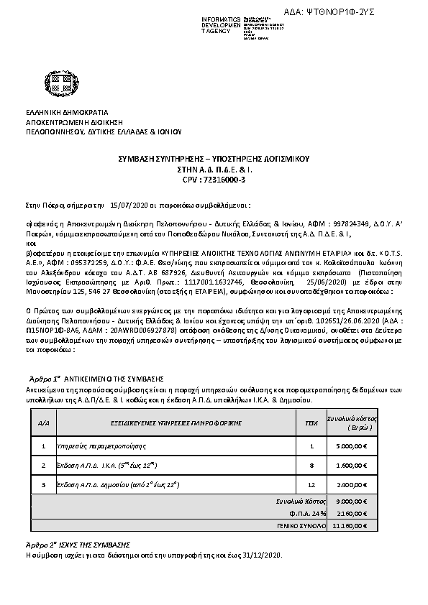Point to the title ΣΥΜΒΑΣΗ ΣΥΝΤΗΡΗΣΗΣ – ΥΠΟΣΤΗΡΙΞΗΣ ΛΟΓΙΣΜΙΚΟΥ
pos(214,158)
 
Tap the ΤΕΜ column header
pos(311,424)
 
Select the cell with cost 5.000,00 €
pos(352,446)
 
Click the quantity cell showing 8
pos(311,466)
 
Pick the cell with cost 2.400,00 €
pos(352,485)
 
